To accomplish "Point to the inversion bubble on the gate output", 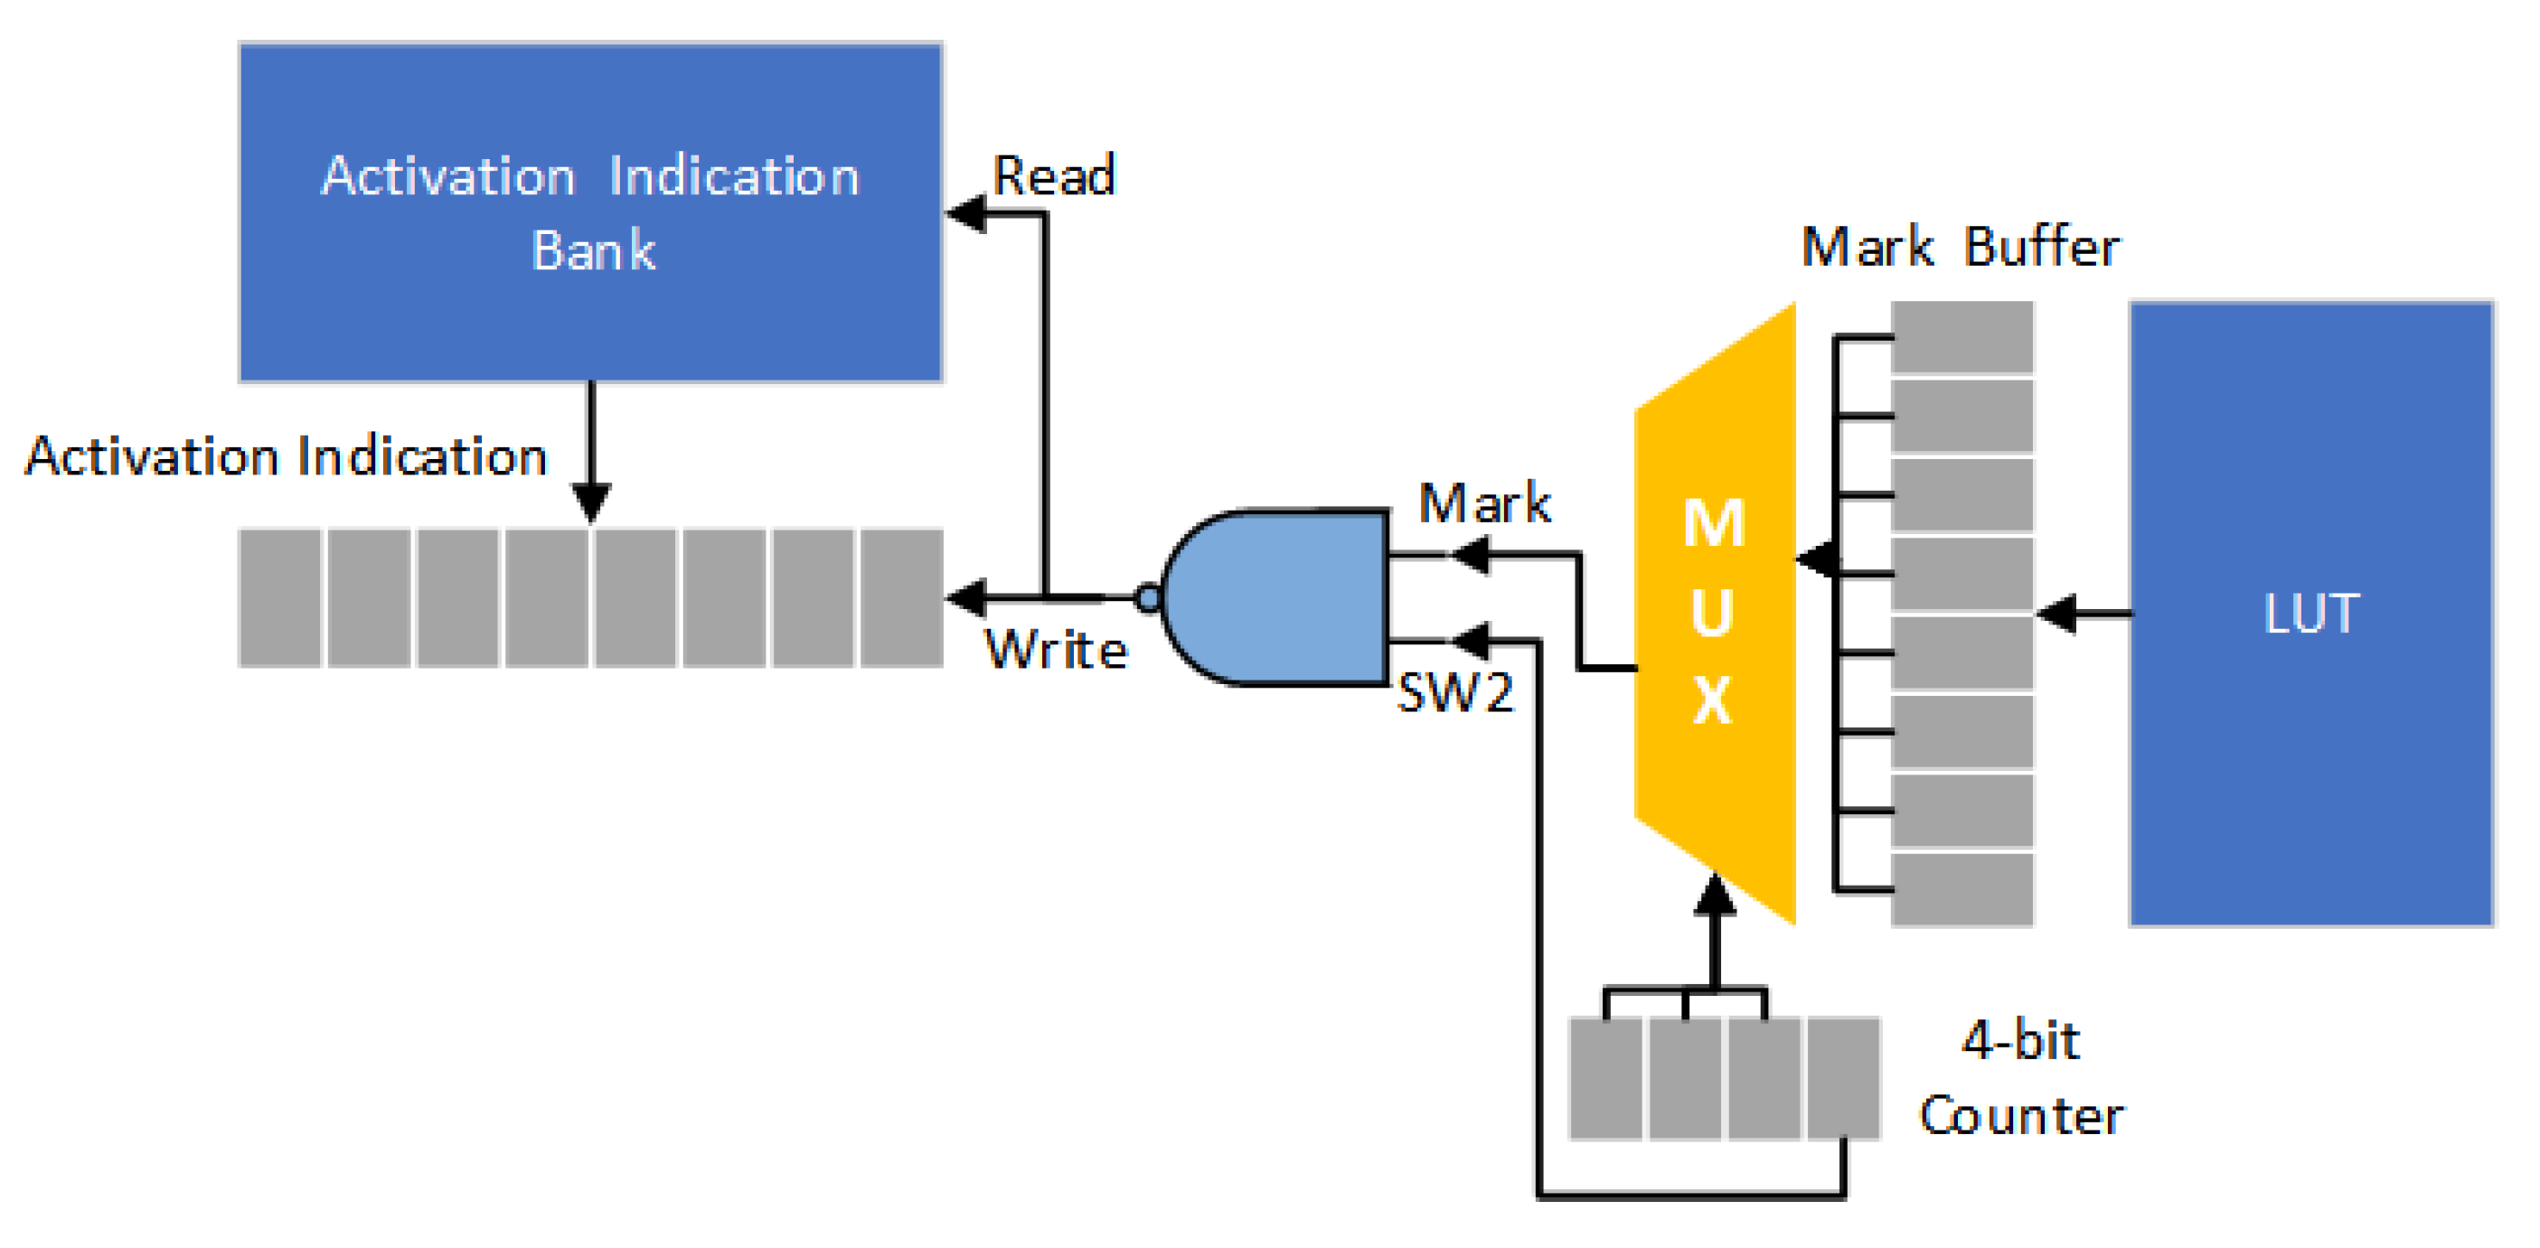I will tap(1148, 597).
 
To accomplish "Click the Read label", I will tap(1053, 175).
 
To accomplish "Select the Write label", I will tap(1055, 650).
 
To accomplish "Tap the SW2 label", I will tap(1455, 692).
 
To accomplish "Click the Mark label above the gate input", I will tap(1484, 502).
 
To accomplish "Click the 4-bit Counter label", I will tap(2021, 1077).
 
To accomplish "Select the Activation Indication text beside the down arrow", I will tap(286, 456).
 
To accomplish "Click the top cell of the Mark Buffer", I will tap(1962, 337).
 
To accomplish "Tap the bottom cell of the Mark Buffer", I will tap(1962, 889).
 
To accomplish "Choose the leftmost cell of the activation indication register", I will tap(280, 597).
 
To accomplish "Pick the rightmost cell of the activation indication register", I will tap(901, 597).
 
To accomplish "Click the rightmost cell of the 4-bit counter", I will tap(1843, 1078).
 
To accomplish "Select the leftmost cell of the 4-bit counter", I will tap(1605, 1078).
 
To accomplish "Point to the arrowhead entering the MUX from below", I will tap(1715, 895).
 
